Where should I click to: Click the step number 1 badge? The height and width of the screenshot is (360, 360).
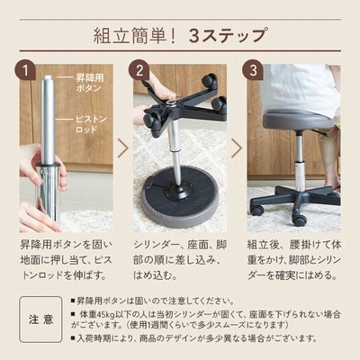pos(26,71)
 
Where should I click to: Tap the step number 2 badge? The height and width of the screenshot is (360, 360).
pos(139,71)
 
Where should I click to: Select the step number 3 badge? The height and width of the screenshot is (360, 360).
pos(254,71)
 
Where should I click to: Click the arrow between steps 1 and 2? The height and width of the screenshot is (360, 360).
pos(123,148)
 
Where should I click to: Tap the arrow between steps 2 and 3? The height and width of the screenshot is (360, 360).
pos(237,148)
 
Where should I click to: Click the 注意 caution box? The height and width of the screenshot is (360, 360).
pos(40,319)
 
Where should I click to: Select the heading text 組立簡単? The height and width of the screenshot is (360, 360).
pos(134,36)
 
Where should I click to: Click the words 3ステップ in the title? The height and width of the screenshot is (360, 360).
pos(228,36)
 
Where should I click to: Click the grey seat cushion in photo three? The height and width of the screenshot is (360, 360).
pos(298,119)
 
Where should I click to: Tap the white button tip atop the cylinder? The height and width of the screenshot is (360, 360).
pos(47,77)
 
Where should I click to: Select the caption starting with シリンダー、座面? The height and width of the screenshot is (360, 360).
pos(180,260)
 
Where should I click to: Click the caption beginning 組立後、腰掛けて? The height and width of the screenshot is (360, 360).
pos(294,260)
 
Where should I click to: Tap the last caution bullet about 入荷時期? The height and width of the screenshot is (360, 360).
pos(193,338)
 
